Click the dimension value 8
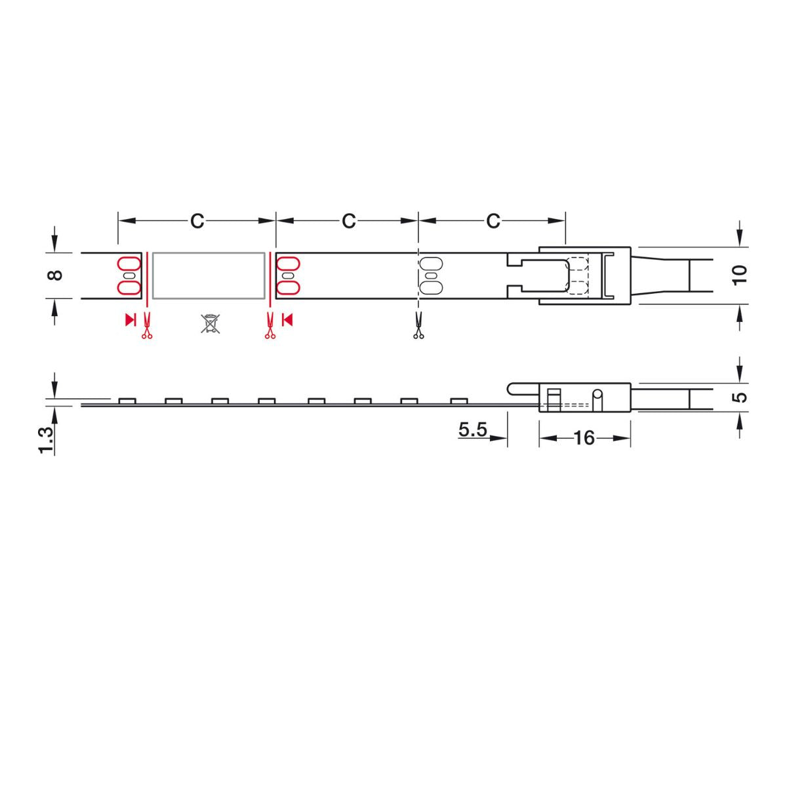[x=56, y=275]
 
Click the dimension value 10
[x=740, y=275]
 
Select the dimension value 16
[x=584, y=438]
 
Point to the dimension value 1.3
[x=46, y=440]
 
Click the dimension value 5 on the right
[x=740, y=397]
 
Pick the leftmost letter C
[x=197, y=221]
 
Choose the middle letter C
[x=349, y=221]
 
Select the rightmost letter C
[x=493, y=221]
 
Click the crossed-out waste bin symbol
[x=210, y=323]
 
